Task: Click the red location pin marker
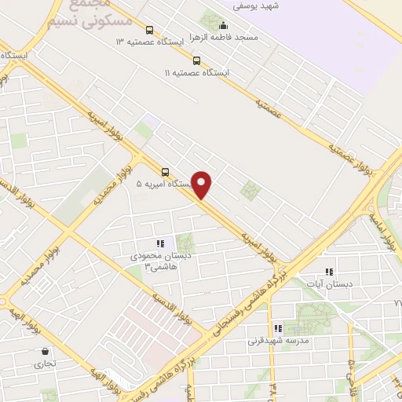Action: point(203,184)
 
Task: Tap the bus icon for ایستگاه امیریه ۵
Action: point(165,172)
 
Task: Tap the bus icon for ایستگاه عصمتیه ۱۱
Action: point(196,60)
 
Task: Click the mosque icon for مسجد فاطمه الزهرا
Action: point(222,24)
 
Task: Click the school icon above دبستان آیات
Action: point(329,272)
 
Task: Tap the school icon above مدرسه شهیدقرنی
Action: point(278,328)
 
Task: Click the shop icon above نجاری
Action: point(45,351)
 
